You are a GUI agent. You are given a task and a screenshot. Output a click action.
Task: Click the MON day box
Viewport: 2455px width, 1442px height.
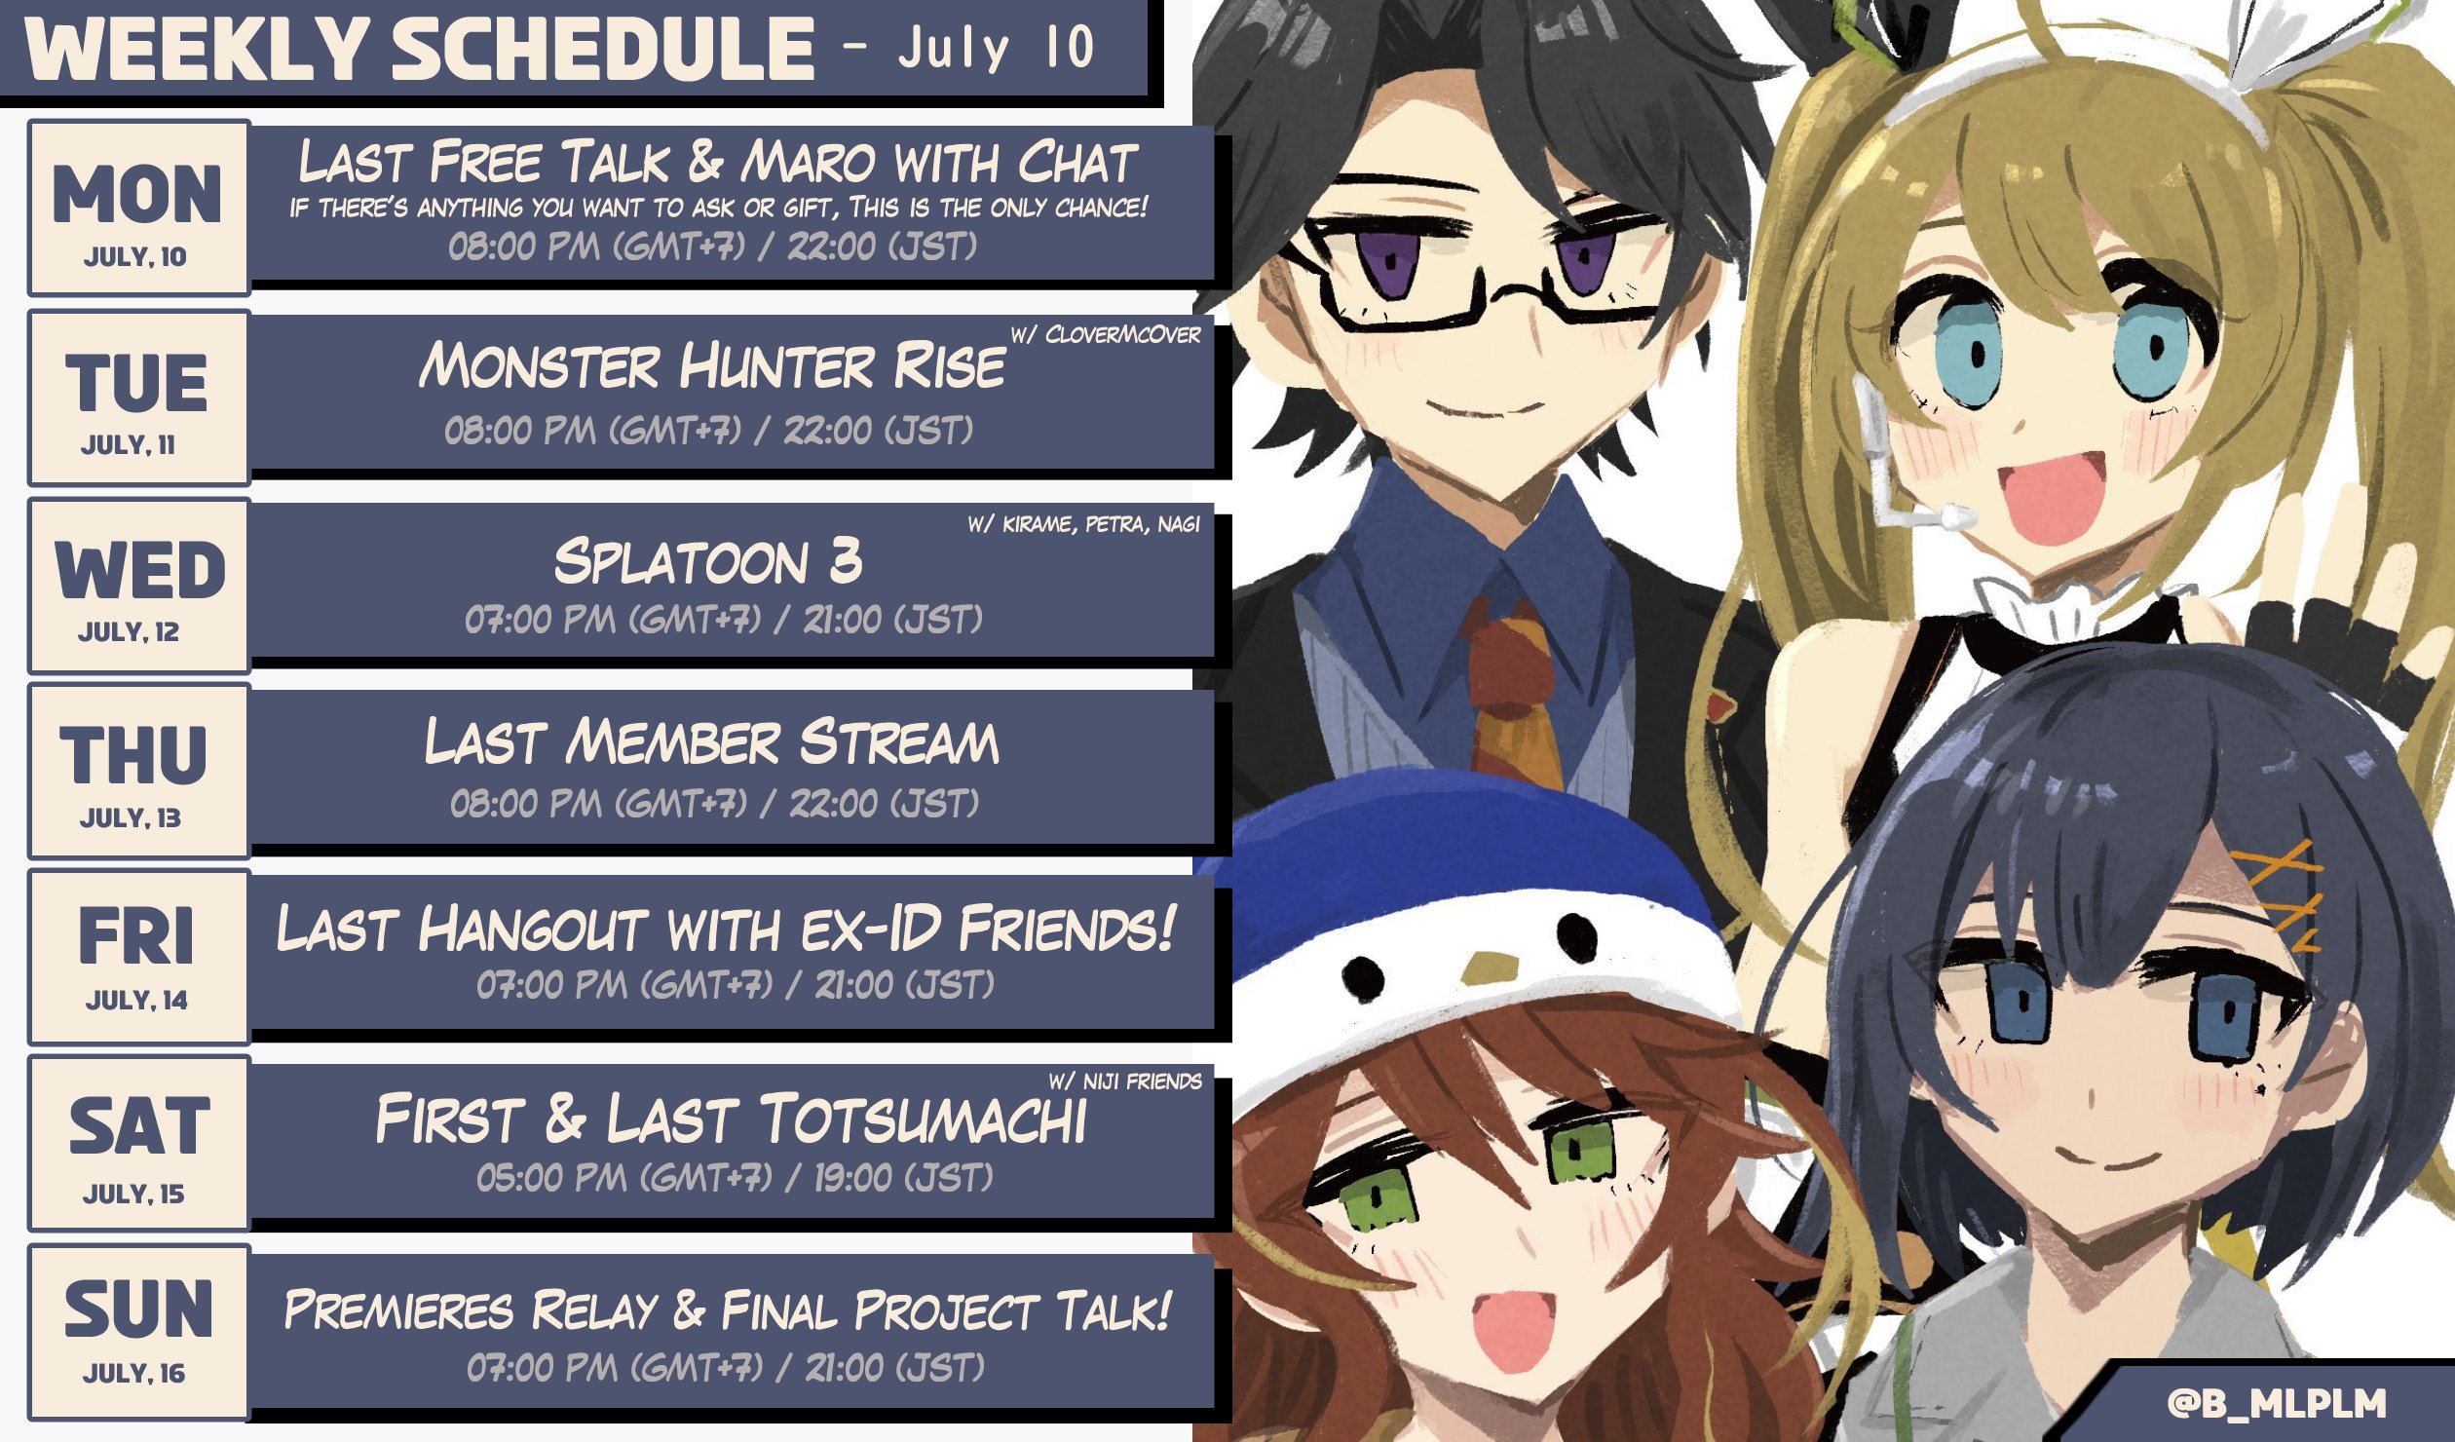pos(139,209)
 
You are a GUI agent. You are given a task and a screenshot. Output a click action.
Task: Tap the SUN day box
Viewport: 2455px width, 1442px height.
pos(139,1332)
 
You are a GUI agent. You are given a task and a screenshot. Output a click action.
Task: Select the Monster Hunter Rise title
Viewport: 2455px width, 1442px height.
pos(712,365)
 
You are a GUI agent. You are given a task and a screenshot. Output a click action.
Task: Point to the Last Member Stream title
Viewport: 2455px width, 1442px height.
pos(712,741)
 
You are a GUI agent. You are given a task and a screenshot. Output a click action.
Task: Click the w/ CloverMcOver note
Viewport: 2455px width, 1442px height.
pos(1105,334)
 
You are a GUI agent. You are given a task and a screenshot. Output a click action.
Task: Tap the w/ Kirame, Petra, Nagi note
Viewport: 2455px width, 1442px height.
pos(1083,524)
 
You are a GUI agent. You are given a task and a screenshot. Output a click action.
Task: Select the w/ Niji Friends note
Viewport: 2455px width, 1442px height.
pos(1125,1081)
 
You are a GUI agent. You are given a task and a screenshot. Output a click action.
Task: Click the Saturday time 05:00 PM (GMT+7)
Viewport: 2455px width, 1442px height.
pos(623,1178)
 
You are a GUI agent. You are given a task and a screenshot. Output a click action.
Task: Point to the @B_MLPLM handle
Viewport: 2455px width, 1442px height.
pos(2277,1403)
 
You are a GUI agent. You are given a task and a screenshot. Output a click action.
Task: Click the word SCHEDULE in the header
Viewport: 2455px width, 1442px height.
pos(603,50)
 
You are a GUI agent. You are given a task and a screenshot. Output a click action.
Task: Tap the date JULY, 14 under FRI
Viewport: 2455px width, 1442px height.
pos(136,1001)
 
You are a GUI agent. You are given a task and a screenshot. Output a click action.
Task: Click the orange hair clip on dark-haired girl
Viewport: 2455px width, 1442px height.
pos(2278,892)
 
